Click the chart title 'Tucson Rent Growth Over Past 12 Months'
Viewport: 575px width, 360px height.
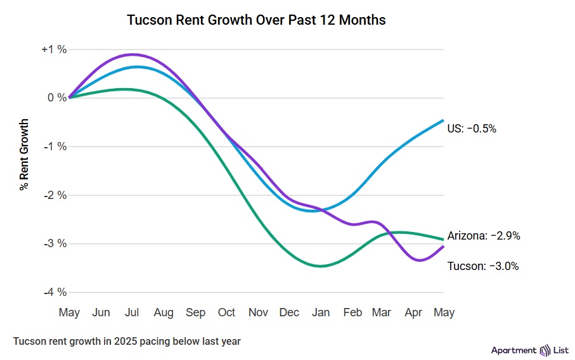coord(256,20)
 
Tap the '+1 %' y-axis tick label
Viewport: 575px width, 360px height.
coord(54,49)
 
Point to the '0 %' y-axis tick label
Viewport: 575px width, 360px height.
coord(57,98)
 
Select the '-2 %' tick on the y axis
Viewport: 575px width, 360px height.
coord(55,195)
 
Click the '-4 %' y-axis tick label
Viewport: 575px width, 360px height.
coord(55,292)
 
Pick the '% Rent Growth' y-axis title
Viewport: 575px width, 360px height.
coord(24,154)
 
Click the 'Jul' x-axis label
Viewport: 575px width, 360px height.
coord(132,312)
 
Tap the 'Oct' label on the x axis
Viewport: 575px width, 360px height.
coord(226,312)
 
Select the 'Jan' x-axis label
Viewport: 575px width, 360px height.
coord(321,312)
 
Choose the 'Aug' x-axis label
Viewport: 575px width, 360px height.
coord(164,312)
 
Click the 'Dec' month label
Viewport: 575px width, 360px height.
coord(289,312)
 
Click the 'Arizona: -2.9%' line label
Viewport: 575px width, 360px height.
coord(484,236)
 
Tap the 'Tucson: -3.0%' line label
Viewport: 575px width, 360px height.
coord(483,266)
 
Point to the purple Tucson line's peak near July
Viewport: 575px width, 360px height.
coord(133,55)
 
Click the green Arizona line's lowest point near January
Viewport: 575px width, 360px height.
coord(321,266)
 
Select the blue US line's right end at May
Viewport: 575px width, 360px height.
coord(443,120)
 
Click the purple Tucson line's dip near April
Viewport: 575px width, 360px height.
coord(418,260)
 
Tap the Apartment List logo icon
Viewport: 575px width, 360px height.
coord(546,350)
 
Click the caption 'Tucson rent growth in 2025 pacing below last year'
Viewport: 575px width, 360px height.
coord(127,341)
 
